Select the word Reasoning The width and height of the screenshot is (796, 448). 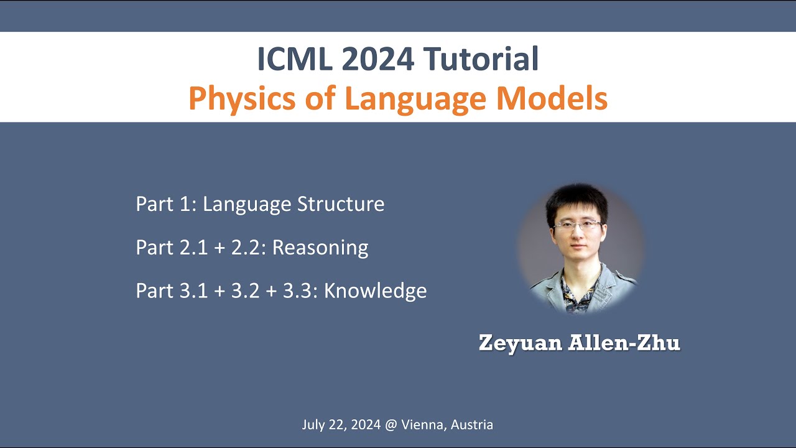(320, 248)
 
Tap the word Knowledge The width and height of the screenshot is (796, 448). (376, 291)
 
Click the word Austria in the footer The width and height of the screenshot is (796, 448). (472, 425)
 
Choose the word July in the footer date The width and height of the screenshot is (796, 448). (313, 425)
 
